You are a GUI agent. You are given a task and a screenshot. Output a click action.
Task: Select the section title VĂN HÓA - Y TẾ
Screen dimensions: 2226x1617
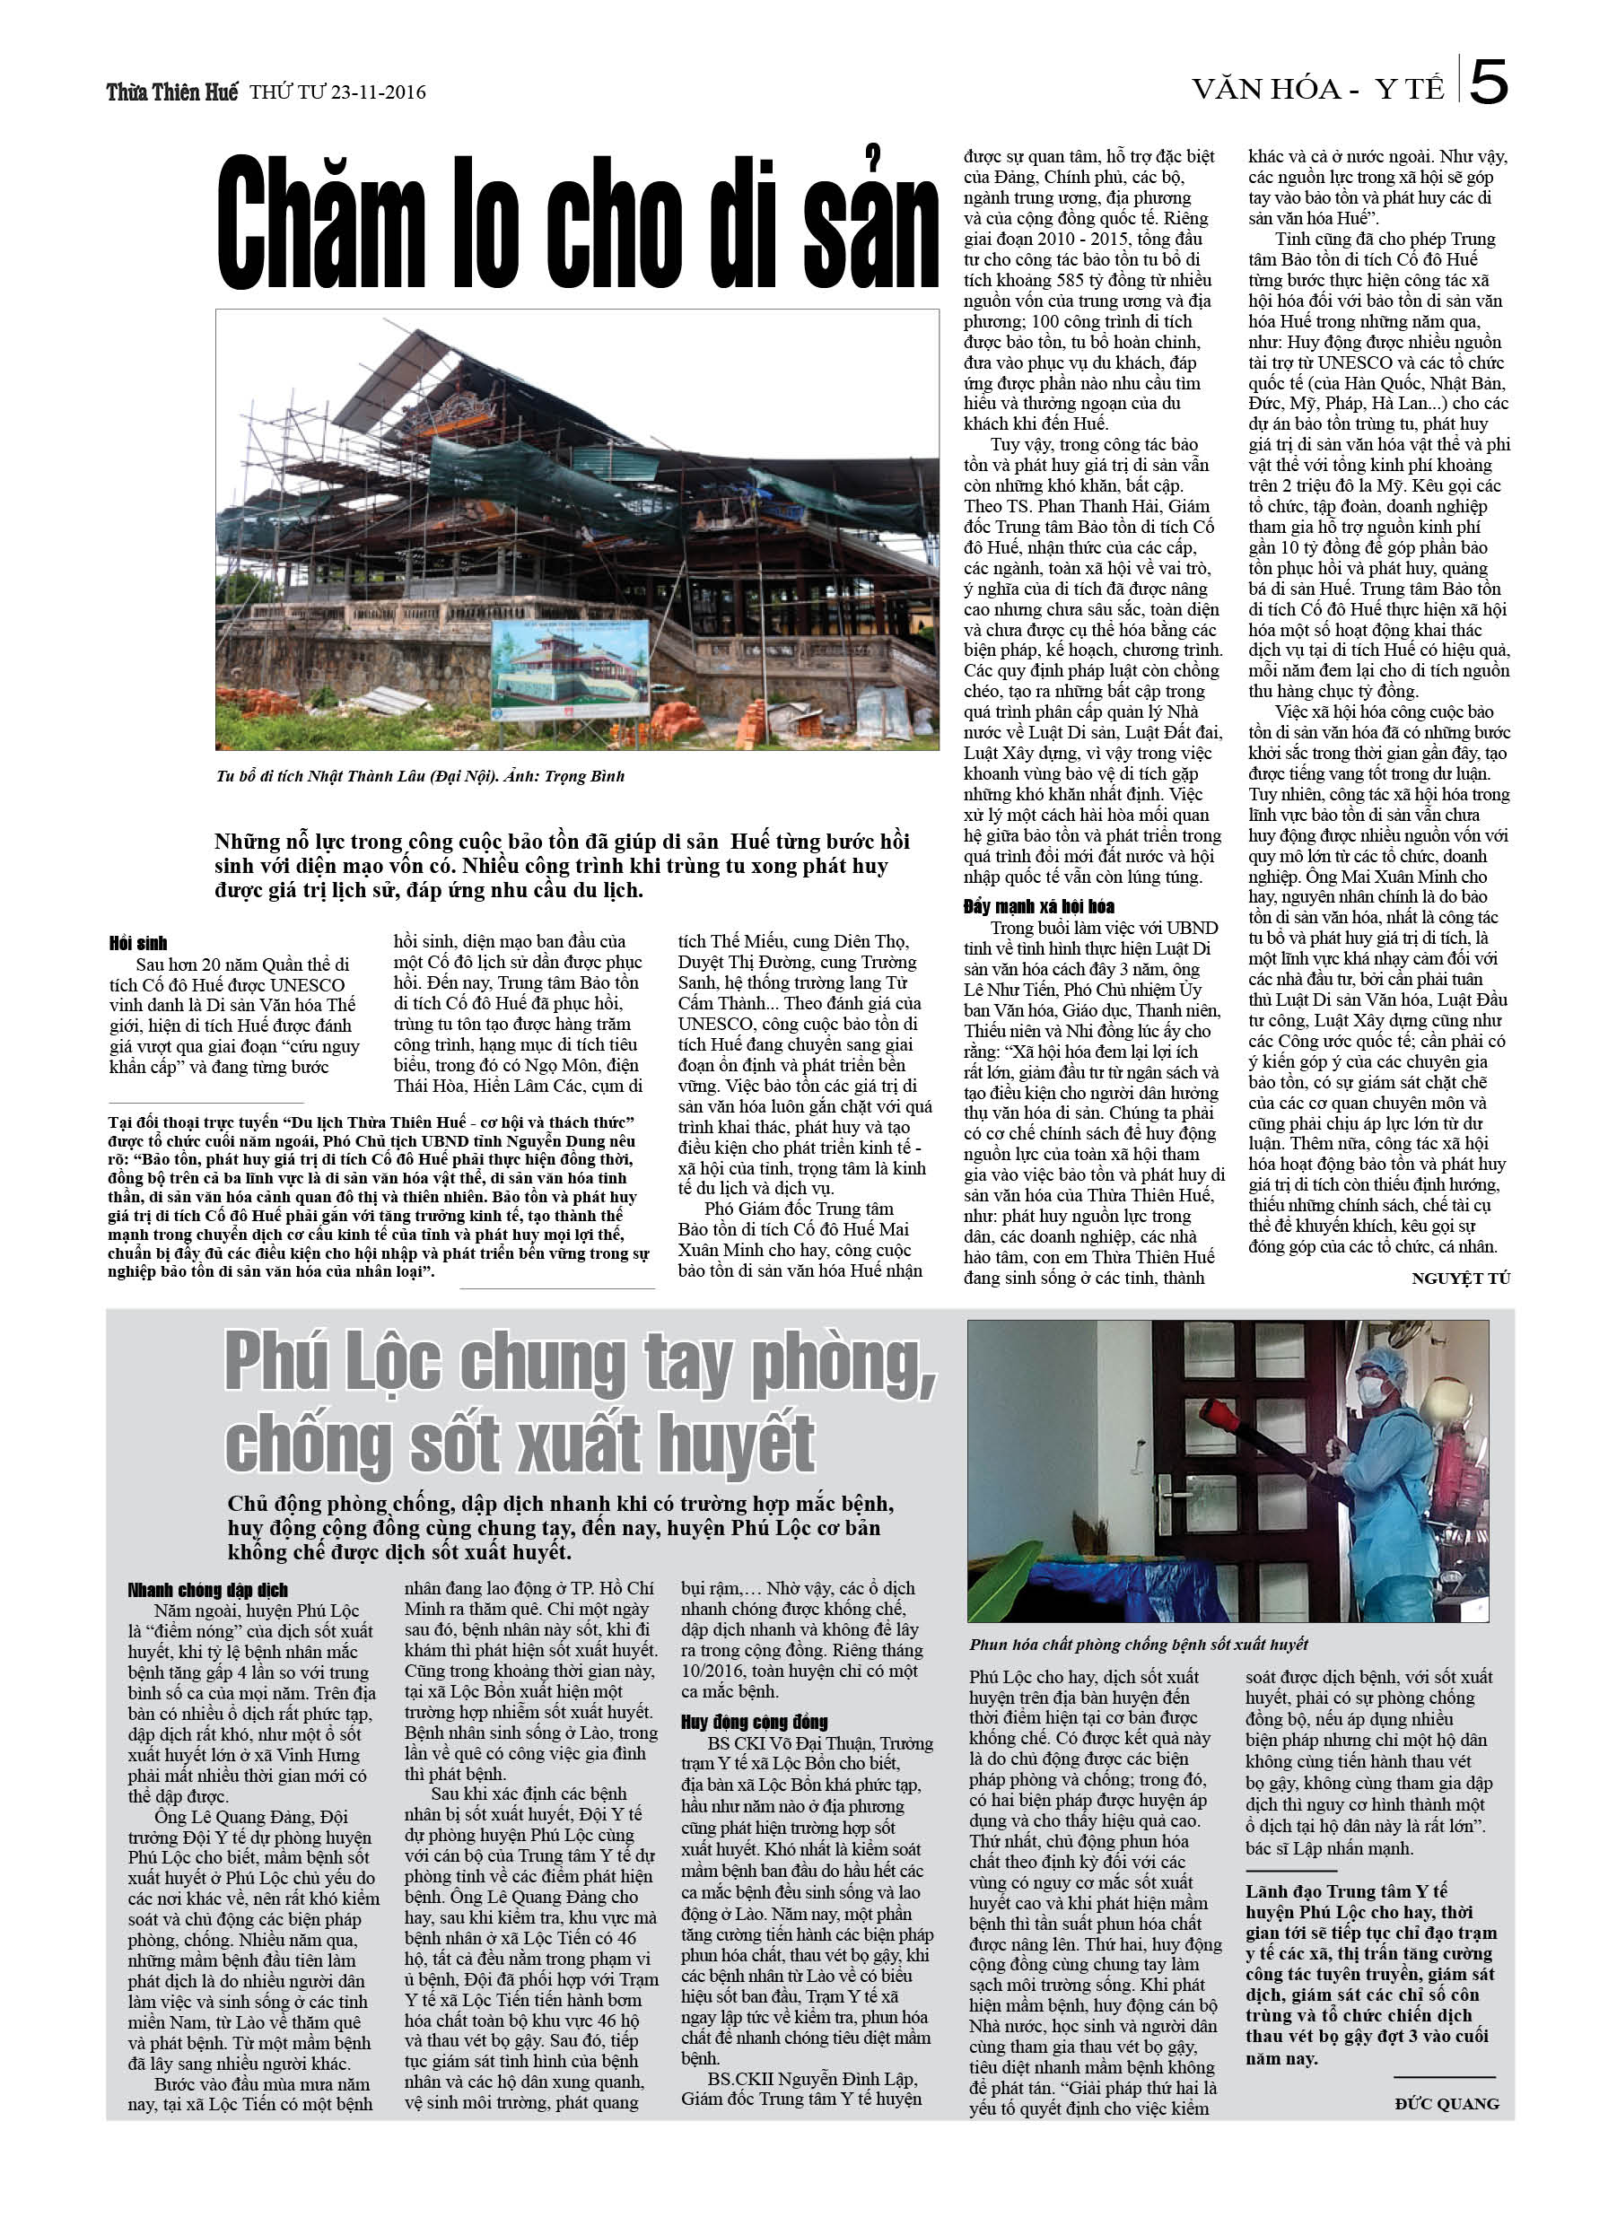tap(1317, 90)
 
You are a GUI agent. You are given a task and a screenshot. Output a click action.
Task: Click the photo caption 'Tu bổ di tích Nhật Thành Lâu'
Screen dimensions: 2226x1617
tap(419, 776)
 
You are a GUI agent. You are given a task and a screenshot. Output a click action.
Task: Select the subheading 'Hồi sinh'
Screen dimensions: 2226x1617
tap(138, 943)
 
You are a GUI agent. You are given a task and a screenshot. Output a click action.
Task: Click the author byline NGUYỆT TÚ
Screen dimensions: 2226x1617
tap(1460, 1278)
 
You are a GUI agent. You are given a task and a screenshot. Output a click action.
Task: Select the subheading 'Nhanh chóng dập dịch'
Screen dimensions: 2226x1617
tap(207, 1590)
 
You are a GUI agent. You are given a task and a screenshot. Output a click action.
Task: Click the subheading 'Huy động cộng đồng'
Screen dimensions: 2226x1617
tap(754, 1722)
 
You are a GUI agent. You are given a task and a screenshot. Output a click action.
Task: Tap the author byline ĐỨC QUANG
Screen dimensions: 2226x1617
tap(1447, 2103)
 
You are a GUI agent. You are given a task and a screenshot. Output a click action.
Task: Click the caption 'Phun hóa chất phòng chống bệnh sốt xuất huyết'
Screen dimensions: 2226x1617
tap(1138, 1644)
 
